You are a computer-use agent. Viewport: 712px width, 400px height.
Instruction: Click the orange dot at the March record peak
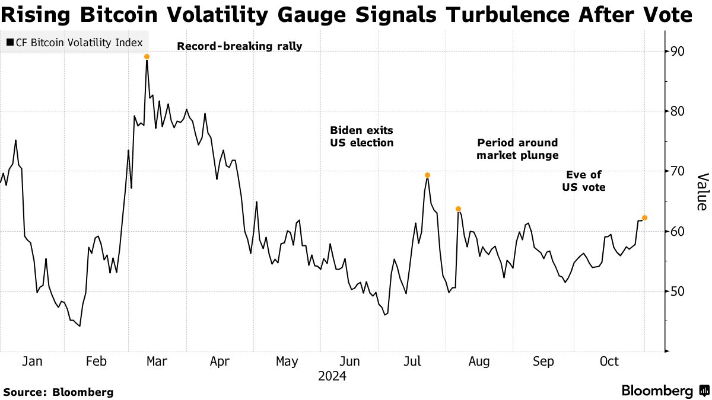click(147, 57)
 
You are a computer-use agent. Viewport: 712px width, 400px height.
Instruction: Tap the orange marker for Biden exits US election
click(427, 175)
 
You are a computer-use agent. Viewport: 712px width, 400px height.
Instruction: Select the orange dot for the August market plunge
click(458, 209)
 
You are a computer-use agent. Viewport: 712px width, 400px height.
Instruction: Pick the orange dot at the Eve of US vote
click(645, 218)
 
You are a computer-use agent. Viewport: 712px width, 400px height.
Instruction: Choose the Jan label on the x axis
click(31, 361)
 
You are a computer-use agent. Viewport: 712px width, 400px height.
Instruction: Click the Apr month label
click(220, 361)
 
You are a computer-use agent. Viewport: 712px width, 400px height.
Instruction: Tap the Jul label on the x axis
click(413, 361)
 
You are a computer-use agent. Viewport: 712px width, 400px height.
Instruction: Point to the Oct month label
click(609, 361)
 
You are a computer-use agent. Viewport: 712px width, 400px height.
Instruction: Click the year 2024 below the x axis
click(332, 376)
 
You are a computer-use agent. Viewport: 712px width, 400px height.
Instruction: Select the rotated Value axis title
click(701, 191)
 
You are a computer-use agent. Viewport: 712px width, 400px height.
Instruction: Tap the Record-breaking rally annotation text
click(239, 46)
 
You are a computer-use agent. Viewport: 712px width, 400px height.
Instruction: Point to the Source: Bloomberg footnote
click(59, 392)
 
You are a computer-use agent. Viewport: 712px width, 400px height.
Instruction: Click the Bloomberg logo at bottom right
click(664, 391)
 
